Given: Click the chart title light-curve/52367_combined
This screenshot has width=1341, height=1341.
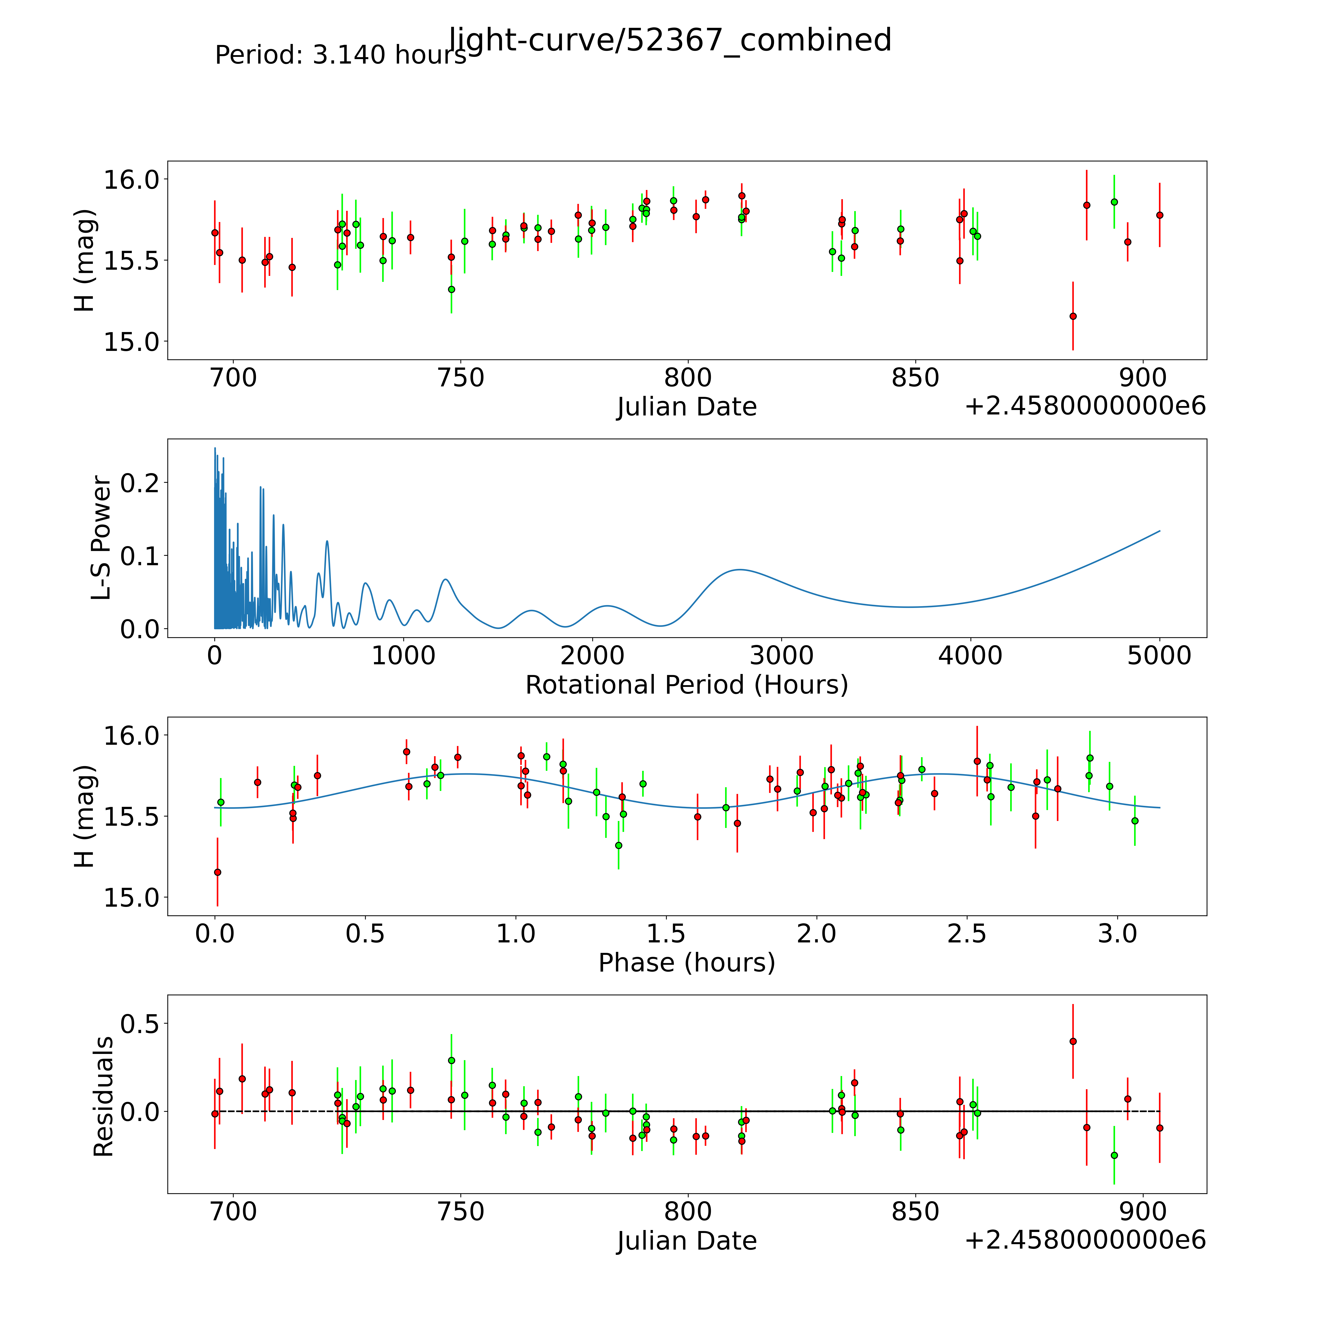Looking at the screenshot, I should [x=670, y=40].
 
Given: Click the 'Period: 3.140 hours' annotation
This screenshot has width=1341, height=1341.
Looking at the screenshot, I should [x=340, y=55].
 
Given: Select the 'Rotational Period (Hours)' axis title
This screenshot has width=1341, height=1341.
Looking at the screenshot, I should [x=686, y=685].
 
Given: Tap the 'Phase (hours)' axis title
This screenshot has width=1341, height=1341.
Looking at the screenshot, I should [x=686, y=963].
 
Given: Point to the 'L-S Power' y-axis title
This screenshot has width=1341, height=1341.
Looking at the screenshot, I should [x=101, y=538].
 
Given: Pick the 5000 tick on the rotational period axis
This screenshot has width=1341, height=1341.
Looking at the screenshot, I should [x=1159, y=656].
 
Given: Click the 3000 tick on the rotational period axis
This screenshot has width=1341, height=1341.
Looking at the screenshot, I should [x=782, y=656].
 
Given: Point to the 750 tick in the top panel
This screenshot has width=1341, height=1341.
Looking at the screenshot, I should [x=461, y=378].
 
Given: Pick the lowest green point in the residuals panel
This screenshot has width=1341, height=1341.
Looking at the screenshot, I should [x=1114, y=1155].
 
